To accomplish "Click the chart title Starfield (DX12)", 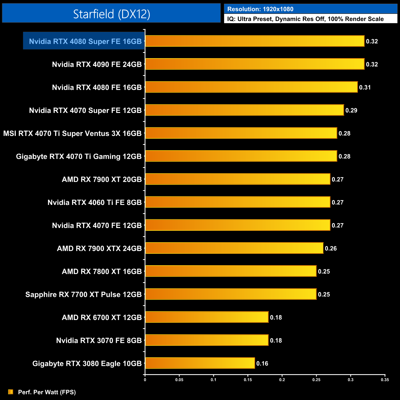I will [x=111, y=14].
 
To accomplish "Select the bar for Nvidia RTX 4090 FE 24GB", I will [x=254, y=64].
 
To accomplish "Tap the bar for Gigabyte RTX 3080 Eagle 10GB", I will [x=200, y=363].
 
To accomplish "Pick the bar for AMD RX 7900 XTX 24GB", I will [x=234, y=248].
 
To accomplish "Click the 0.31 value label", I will [x=365, y=87].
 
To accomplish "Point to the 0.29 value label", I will [x=351, y=110].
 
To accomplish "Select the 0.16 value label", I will [x=262, y=363].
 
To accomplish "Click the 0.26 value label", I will [x=331, y=248].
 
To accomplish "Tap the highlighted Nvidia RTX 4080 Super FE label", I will [x=85, y=41].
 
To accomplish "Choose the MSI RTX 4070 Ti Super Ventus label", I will [x=72, y=134].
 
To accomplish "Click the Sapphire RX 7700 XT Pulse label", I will [x=83, y=294].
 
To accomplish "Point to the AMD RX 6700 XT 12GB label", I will [x=102, y=318].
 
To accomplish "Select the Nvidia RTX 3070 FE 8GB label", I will [x=99, y=341].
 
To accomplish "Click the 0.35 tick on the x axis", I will [x=385, y=380].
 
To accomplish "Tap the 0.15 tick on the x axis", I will [x=248, y=380].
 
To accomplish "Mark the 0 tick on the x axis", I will [x=145, y=380].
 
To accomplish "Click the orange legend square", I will [x=11, y=392].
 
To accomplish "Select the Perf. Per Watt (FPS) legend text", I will [x=47, y=392].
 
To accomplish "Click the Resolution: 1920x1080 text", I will [x=260, y=9].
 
